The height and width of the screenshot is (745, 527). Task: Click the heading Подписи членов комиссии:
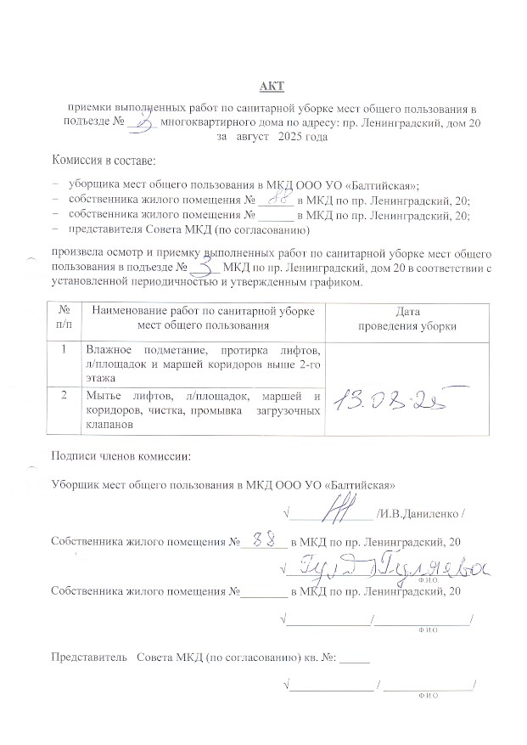point(121,458)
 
